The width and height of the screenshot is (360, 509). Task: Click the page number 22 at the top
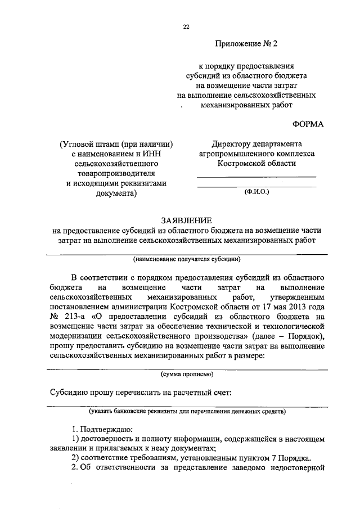pyautogui.click(x=186, y=25)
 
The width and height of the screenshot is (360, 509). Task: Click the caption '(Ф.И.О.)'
pyautogui.click(x=257, y=192)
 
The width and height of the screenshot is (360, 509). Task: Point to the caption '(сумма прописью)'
pyautogui.click(x=186, y=373)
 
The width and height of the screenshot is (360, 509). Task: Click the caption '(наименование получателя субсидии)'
pyautogui.click(x=187, y=259)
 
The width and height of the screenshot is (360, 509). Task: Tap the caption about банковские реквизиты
pyautogui.click(x=187, y=411)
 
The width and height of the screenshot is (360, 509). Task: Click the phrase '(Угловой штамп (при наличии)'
pyautogui.click(x=115, y=144)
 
